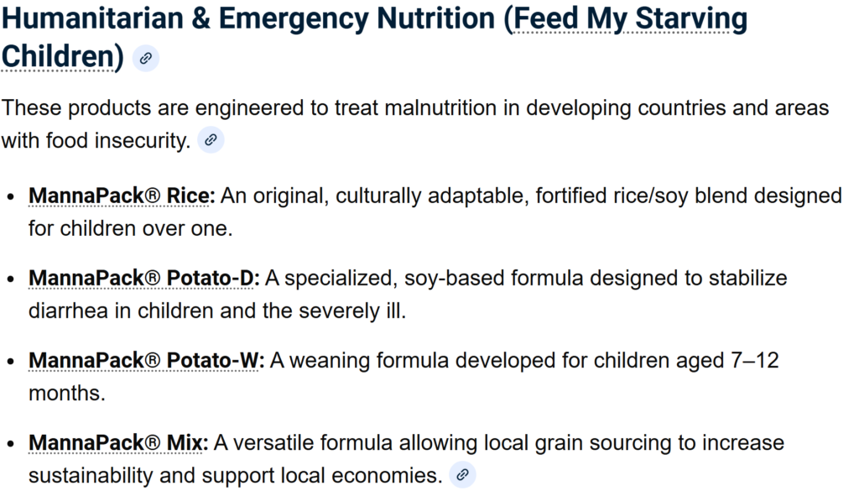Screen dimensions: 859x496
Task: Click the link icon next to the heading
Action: tap(146, 58)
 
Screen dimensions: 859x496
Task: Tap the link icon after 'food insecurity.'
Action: tap(211, 140)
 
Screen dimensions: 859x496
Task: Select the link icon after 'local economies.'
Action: tap(462, 475)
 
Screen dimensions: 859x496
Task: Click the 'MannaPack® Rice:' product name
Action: tap(122, 196)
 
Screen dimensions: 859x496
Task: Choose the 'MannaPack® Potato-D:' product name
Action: tap(144, 278)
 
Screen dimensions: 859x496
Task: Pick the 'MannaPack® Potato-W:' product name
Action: tap(146, 360)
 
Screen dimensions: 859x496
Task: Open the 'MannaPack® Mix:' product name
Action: tap(118, 442)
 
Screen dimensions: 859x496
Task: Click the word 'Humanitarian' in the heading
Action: tap(92, 18)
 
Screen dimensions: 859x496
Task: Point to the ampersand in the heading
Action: tap(201, 18)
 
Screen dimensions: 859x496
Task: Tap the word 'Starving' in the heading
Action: tap(691, 18)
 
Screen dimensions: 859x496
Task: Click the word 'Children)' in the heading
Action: tap(62, 56)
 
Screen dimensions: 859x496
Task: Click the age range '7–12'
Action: tap(755, 360)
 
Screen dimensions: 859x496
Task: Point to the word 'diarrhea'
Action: tap(68, 311)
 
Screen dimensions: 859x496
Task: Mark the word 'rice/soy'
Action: tap(612, 196)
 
